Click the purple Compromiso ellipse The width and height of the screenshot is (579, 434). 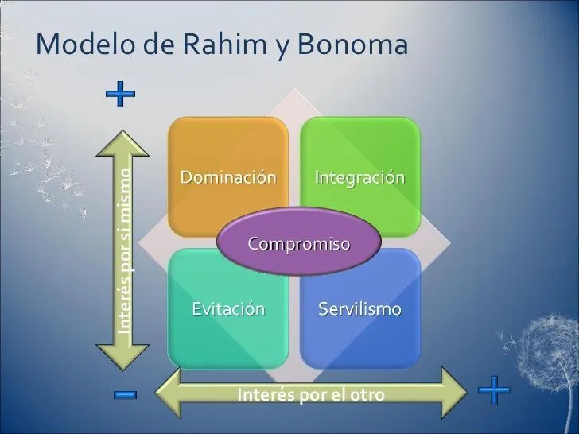click(x=299, y=242)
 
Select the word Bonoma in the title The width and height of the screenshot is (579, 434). click(x=352, y=45)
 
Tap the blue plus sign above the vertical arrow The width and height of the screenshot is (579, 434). click(x=120, y=94)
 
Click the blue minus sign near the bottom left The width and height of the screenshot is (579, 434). click(x=125, y=394)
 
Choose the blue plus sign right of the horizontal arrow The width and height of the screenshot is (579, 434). click(x=495, y=390)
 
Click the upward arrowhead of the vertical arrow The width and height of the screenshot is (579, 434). click(x=122, y=143)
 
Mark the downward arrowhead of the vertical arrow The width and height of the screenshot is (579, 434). click(x=122, y=357)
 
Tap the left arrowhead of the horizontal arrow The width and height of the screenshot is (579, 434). click(x=168, y=393)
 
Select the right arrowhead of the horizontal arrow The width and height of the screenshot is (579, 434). click(x=455, y=393)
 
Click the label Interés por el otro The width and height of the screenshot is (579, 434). click(x=311, y=394)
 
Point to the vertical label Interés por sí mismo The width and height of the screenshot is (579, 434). click(x=124, y=251)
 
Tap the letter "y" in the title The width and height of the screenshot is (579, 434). click(x=282, y=48)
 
